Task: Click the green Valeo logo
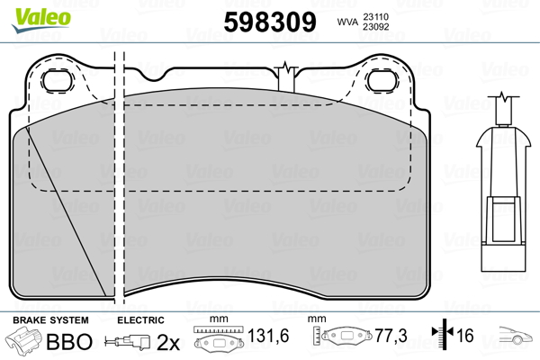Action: point(41,20)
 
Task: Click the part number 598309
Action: point(270,22)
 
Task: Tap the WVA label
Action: point(347,22)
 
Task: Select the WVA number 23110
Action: point(375,16)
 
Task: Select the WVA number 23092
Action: point(375,27)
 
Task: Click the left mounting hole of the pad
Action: point(57,81)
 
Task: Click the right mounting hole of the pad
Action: point(382,81)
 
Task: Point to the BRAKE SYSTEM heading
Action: point(50,320)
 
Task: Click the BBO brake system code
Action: point(69,341)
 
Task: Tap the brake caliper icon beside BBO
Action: point(22,340)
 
